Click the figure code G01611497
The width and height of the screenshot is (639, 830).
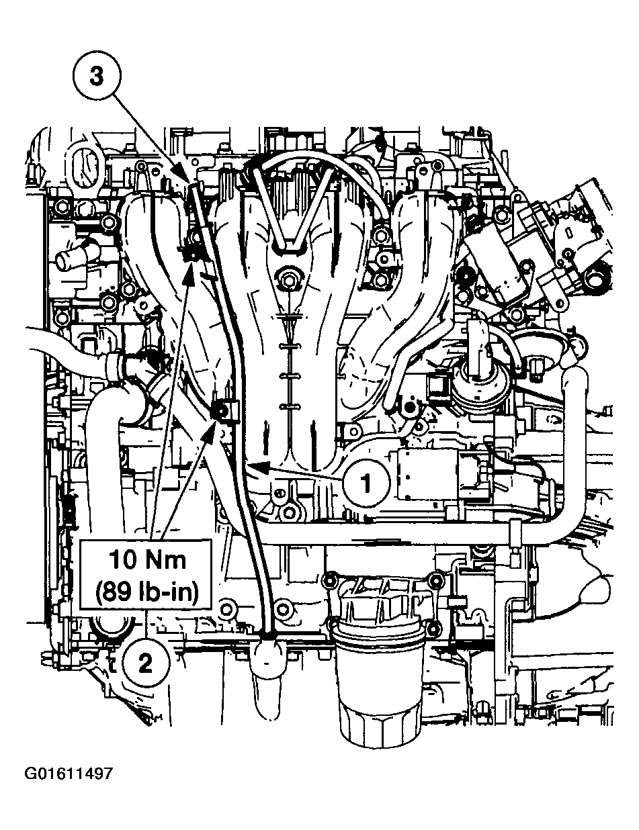pos(69,774)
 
